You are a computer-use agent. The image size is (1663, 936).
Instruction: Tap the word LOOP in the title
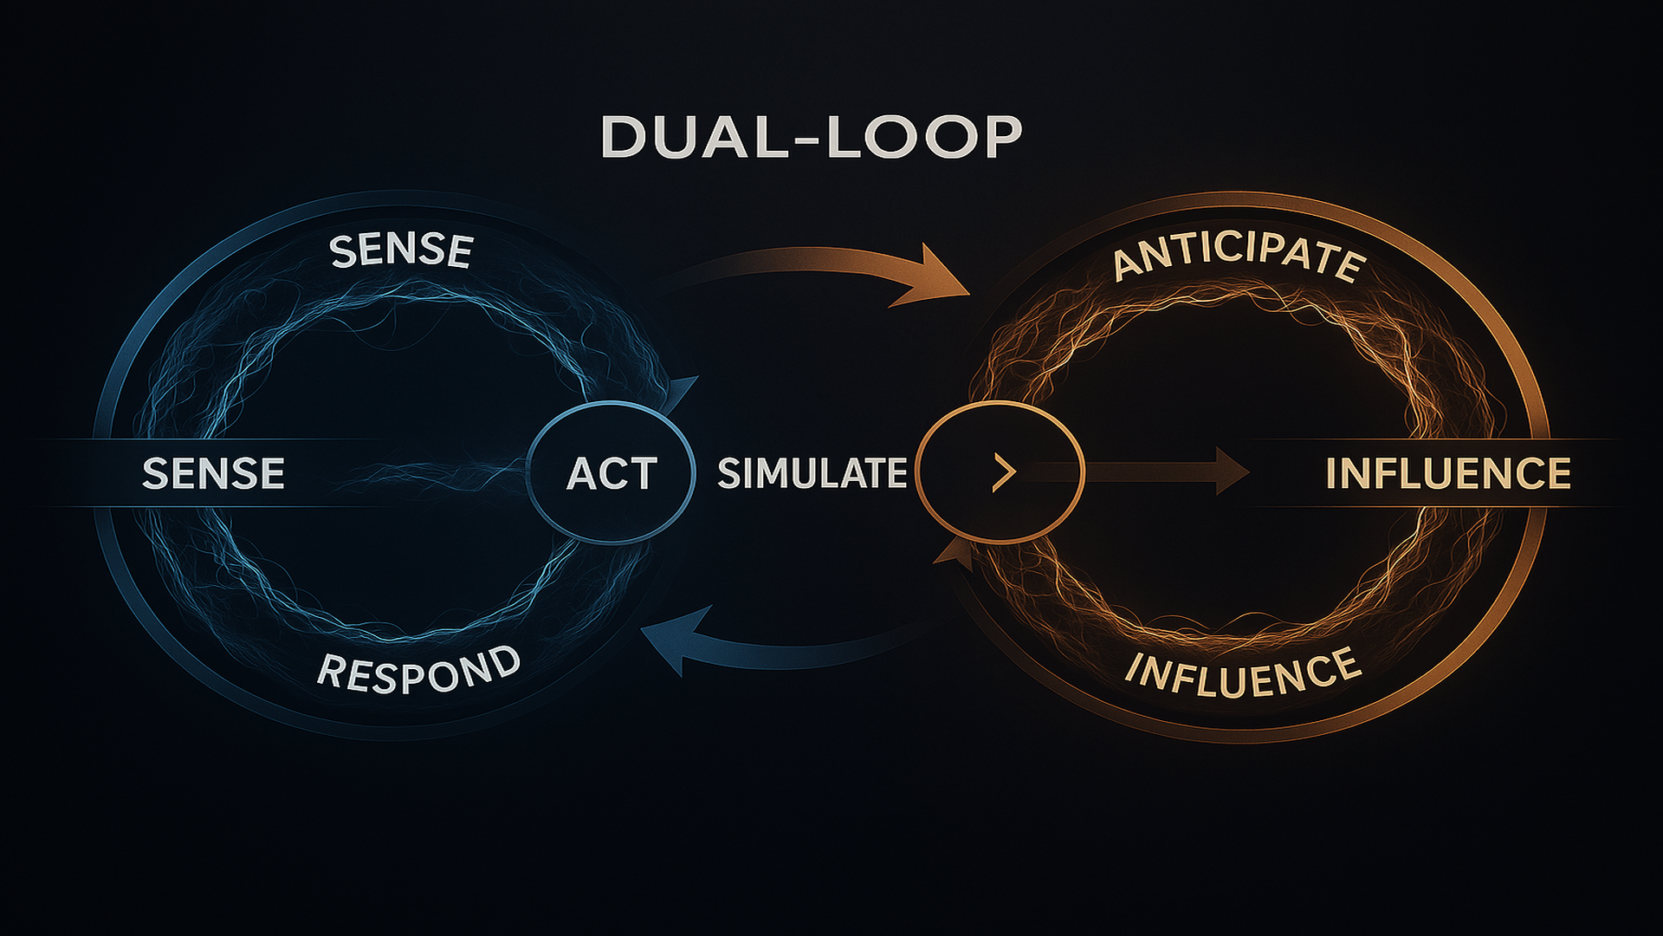tap(923, 137)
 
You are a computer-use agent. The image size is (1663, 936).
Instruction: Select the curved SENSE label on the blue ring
tap(401, 250)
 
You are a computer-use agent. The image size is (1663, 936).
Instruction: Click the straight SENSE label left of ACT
tap(213, 473)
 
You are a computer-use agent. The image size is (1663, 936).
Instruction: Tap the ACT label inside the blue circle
tap(611, 473)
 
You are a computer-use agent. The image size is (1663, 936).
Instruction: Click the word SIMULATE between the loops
tap(812, 473)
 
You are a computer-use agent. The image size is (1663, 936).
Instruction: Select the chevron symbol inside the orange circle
tap(1004, 473)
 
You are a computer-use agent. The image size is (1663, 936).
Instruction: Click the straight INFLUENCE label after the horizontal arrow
tap(1448, 473)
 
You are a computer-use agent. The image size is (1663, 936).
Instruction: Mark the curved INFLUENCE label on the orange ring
tap(1242, 674)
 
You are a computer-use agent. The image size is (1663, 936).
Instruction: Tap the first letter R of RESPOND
tap(330, 670)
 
